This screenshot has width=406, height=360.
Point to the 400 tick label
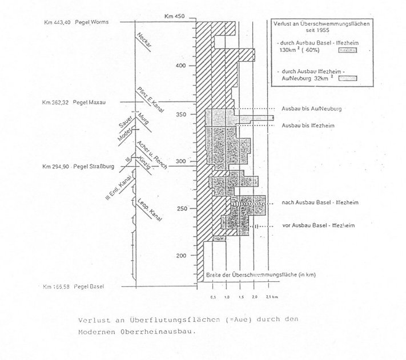coord(181,66)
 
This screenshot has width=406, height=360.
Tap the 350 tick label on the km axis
coord(181,114)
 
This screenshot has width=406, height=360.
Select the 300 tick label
coord(181,161)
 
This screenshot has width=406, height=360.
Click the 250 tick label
coord(181,209)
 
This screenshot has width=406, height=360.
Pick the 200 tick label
coord(181,256)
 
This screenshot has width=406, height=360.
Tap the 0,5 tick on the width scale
coord(212,298)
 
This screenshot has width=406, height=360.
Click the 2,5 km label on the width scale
coord(272,298)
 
